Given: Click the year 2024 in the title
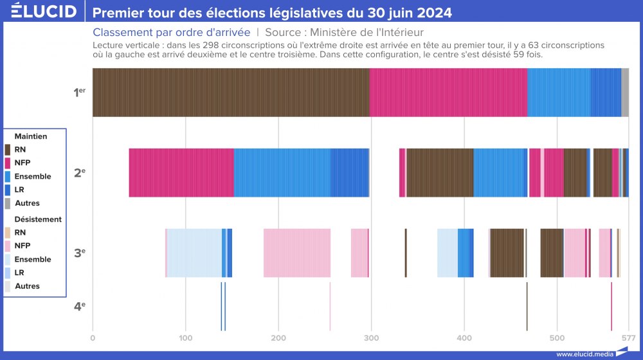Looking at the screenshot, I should coord(432,13).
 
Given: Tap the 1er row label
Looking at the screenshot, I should coord(79,93).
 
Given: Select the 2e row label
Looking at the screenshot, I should coord(79,172).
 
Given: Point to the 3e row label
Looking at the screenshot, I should coord(79,253).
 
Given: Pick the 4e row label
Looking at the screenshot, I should coord(79,306).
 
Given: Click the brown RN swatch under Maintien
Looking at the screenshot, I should coord(8,150).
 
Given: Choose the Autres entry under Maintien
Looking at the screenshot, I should coord(27,203).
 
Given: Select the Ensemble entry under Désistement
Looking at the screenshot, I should coord(32,259).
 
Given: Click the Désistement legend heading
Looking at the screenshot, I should coord(38,219).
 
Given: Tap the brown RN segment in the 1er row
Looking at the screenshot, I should coord(231,93).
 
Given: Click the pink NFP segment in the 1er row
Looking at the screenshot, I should coord(448,93).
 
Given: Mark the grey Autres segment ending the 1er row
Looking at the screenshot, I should coord(625,93).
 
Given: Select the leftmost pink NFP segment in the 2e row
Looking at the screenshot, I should coord(181,172).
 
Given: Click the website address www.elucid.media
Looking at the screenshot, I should coord(584,354).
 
